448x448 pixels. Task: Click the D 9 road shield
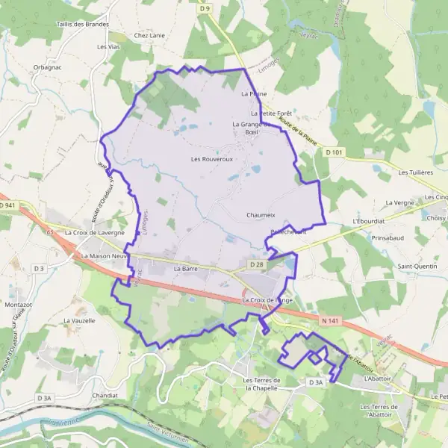205,9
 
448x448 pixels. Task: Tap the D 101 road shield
335,152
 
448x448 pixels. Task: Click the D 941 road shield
8,205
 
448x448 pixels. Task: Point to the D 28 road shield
257,264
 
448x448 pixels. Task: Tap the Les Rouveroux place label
212,159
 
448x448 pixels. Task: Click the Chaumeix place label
261,215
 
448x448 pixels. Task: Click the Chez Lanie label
148,35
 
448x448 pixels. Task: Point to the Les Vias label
108,46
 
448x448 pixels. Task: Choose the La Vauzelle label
79,320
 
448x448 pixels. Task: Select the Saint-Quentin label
417,266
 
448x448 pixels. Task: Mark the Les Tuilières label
416,172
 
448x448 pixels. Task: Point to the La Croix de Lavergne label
95,232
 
